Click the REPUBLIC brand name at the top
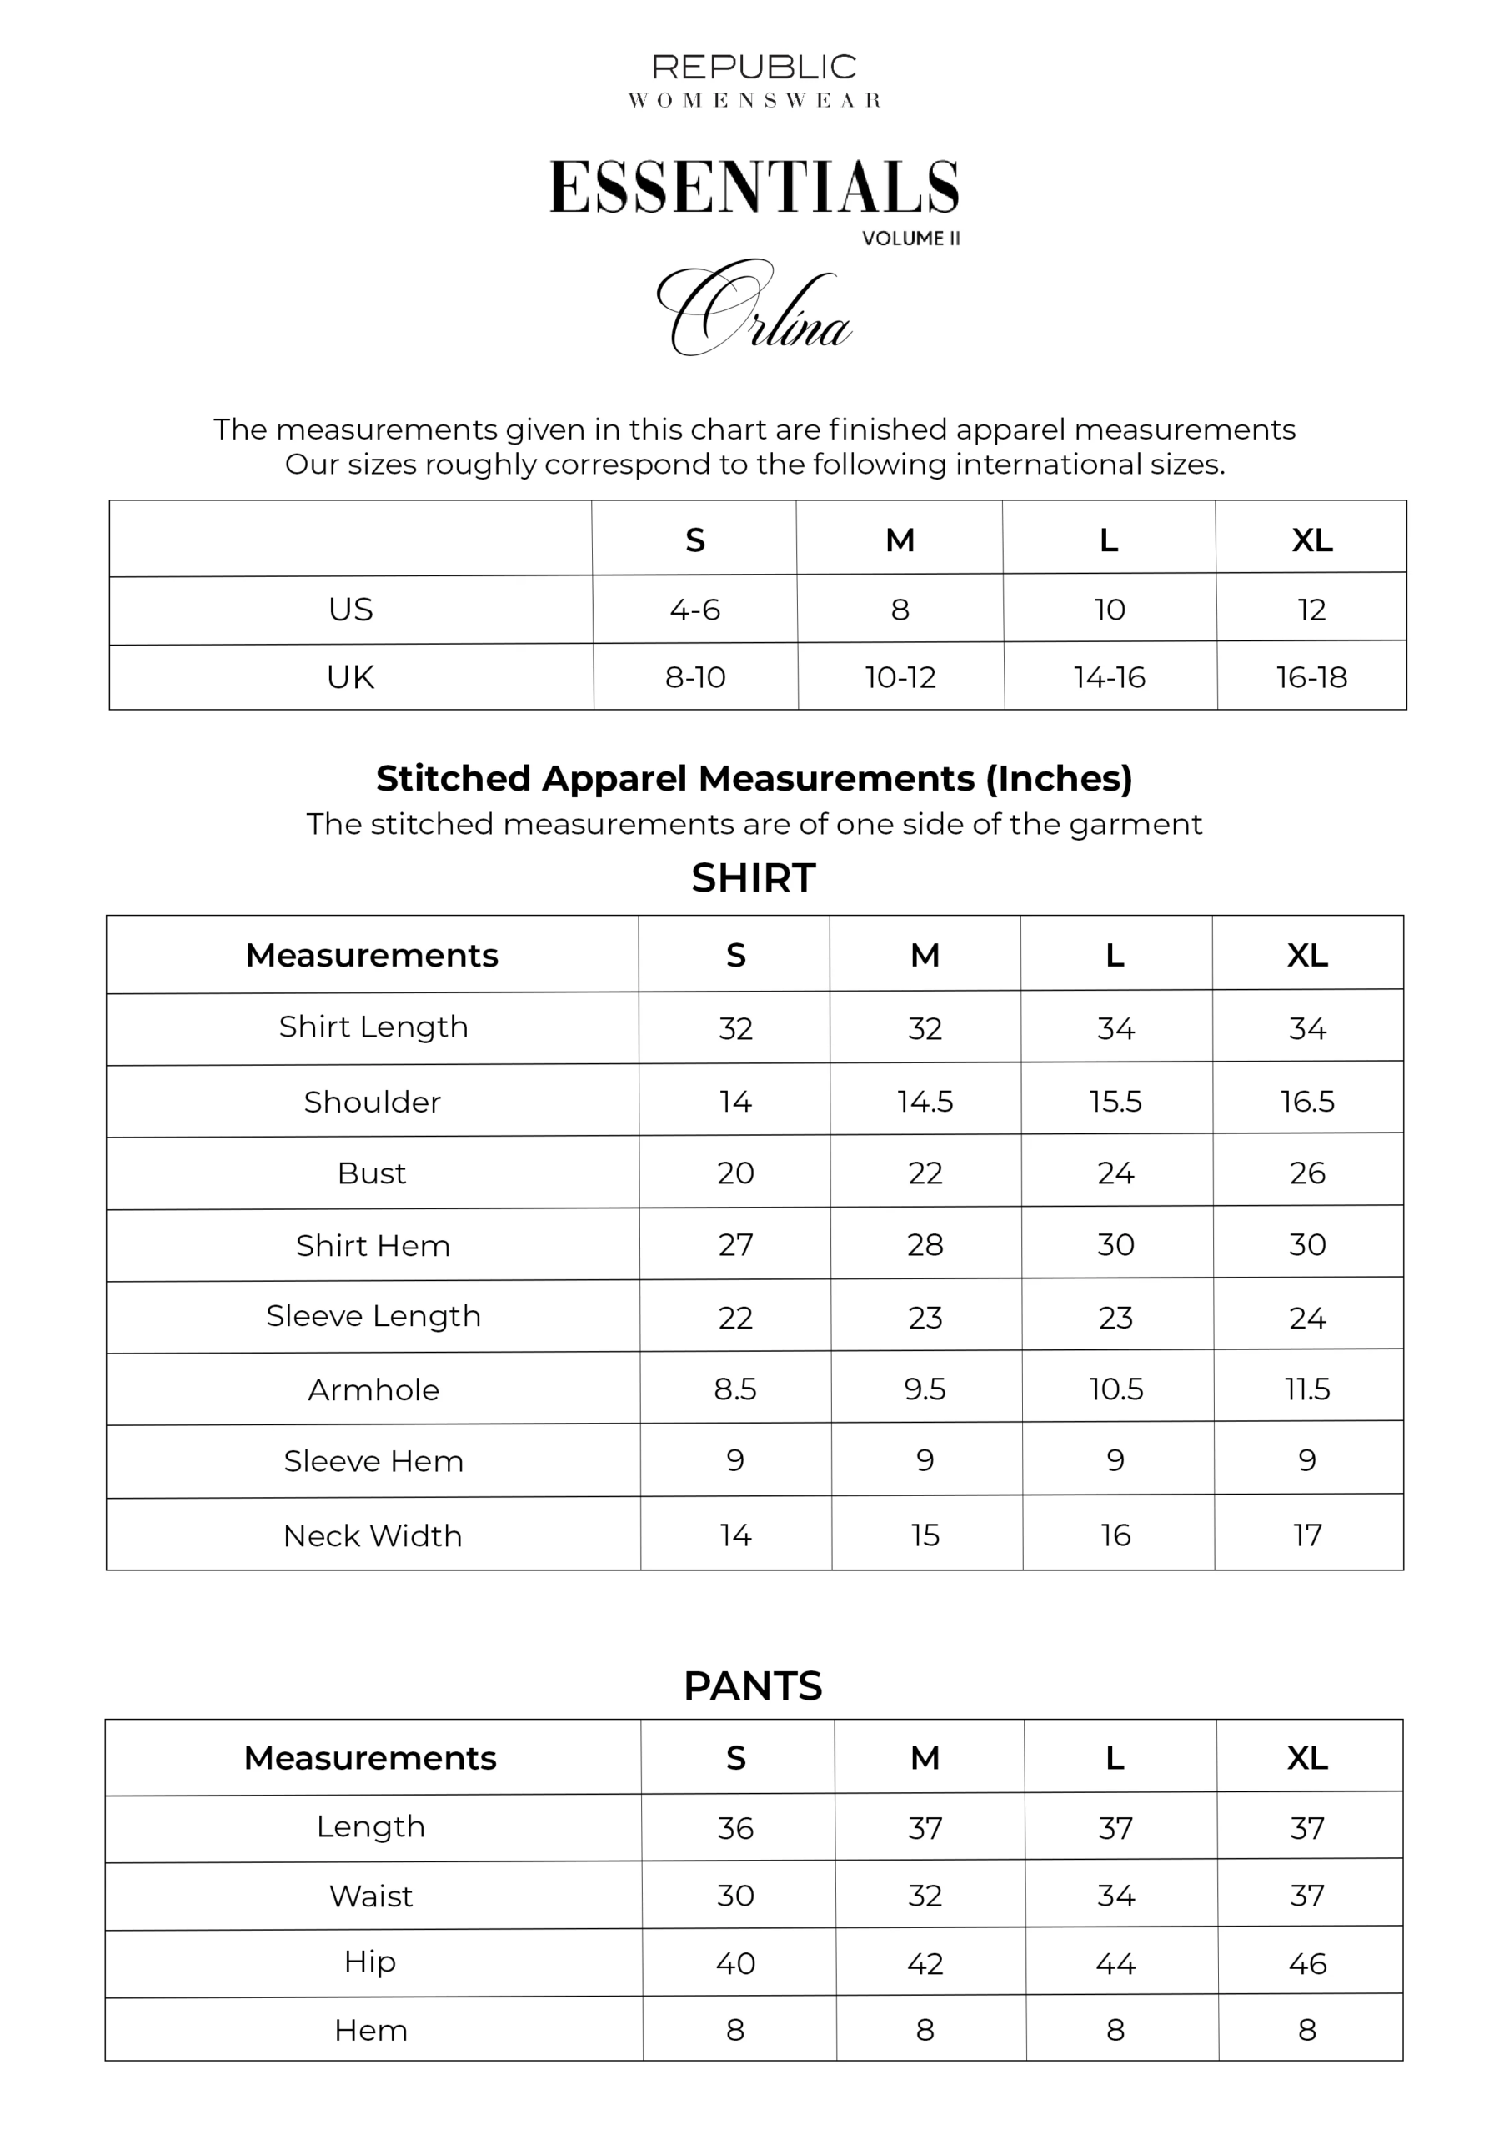pos(754,67)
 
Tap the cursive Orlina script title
pos(754,309)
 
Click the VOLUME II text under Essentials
pos(910,238)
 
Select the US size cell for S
pos(694,610)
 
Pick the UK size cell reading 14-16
pos(1109,677)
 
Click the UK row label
pos(350,677)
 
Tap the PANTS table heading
pos(753,1685)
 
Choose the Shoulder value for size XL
pos(1307,1101)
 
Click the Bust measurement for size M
pos(925,1173)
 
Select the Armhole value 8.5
pos(735,1389)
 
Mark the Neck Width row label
pos(373,1536)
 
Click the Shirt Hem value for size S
pos(735,1245)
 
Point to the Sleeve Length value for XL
pos(1307,1318)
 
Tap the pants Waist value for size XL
pos(1307,1896)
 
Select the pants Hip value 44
pos(1115,1964)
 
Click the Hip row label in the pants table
pos(370,1962)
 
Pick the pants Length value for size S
pos(735,1828)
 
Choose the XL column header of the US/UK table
pos(1312,540)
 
